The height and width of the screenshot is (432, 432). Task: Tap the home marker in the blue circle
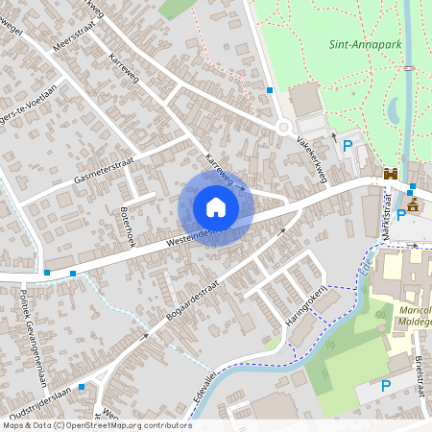coord(216,206)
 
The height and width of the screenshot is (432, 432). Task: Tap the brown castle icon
coord(391,174)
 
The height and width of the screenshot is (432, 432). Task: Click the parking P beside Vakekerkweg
coord(348,146)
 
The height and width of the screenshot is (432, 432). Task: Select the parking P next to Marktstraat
coord(399,215)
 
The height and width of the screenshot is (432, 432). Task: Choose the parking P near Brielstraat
coord(386,386)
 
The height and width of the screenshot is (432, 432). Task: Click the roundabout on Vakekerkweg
coord(284,128)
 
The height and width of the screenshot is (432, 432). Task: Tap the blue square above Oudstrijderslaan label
coord(82,385)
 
